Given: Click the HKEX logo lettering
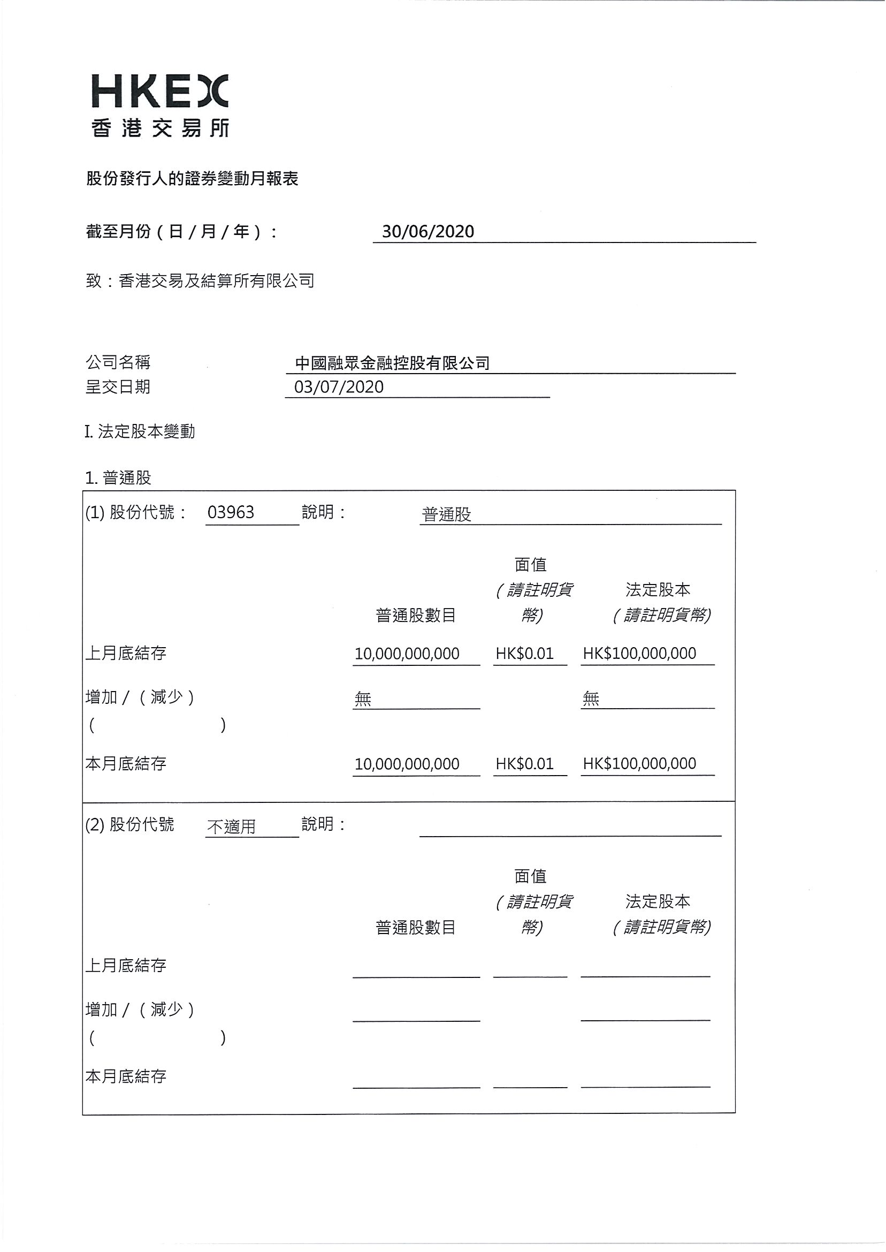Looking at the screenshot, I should pyautogui.click(x=159, y=90).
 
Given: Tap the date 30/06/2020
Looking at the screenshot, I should pyautogui.click(x=427, y=232).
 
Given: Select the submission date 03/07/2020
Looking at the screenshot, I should pyautogui.click(x=339, y=387).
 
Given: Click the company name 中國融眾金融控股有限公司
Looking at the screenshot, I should pyautogui.click(x=392, y=363).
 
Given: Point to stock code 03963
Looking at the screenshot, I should pyautogui.click(x=231, y=512).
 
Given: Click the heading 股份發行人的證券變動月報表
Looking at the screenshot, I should pyautogui.click(x=192, y=178).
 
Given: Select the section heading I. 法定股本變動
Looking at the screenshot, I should pyautogui.click(x=140, y=432).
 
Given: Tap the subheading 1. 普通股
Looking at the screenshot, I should pyautogui.click(x=118, y=478).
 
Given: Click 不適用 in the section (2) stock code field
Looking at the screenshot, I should pyautogui.click(x=231, y=827).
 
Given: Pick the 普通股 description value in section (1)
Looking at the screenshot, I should pyautogui.click(x=446, y=514).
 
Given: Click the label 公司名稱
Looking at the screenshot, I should pyautogui.click(x=118, y=362).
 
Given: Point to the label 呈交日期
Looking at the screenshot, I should pyautogui.click(x=118, y=387).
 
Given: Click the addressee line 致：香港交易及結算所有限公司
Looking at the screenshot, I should pyautogui.click(x=200, y=281).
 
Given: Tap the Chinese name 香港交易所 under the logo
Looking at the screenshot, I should pyautogui.click(x=160, y=128).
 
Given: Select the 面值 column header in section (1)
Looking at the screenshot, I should pyautogui.click(x=530, y=564).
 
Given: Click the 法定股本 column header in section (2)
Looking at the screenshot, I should pyautogui.click(x=658, y=901).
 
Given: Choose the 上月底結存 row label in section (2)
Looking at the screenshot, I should pyautogui.click(x=126, y=965).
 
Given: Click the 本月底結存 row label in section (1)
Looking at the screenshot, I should pyautogui.click(x=126, y=763).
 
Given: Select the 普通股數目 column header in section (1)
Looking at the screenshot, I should pyautogui.click(x=416, y=616).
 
